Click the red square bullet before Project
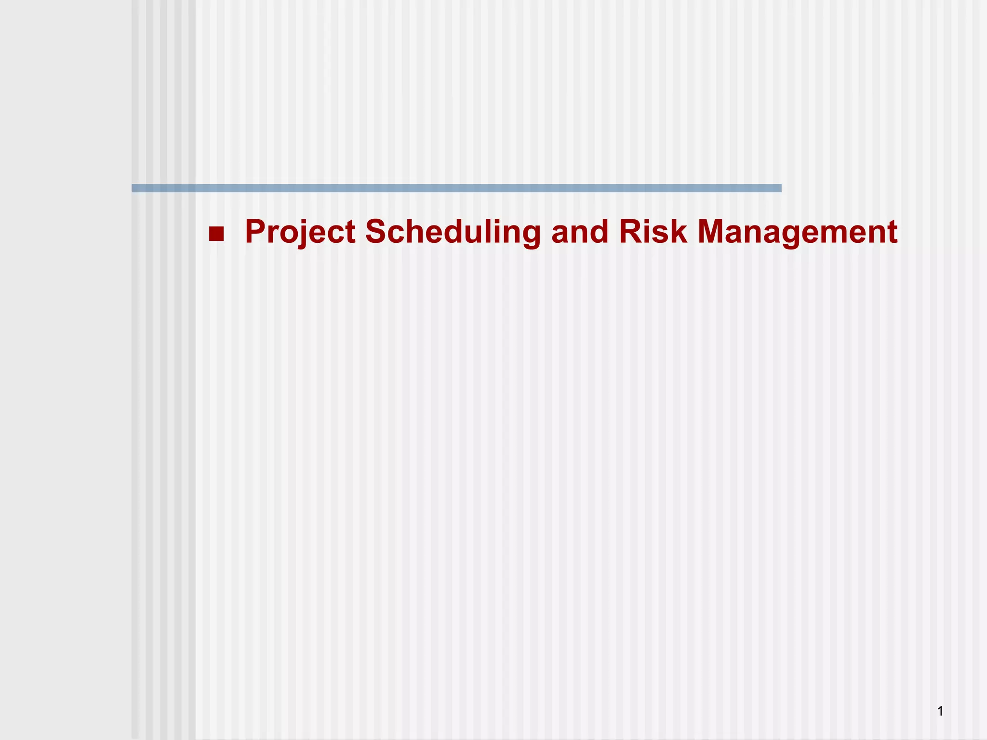click(x=216, y=234)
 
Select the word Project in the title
click(x=300, y=232)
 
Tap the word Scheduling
click(x=453, y=232)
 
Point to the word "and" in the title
click(x=580, y=232)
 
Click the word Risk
click(x=653, y=232)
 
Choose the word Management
click(x=797, y=232)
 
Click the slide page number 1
click(x=940, y=711)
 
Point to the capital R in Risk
click(x=631, y=232)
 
